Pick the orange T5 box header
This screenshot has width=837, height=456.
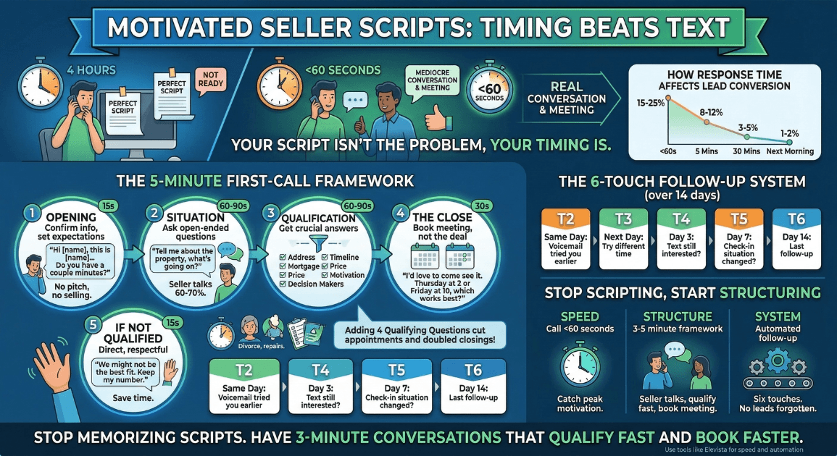click(x=739, y=219)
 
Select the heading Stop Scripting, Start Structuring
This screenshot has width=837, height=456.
click(x=682, y=293)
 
